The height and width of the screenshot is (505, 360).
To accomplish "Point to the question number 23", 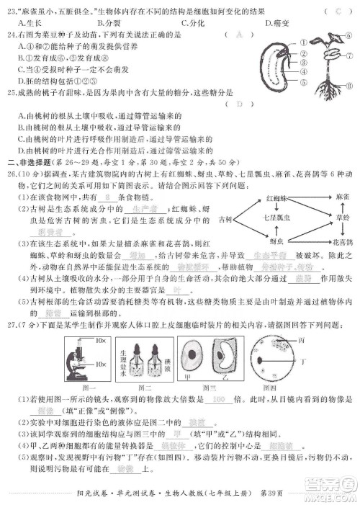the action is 11,11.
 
